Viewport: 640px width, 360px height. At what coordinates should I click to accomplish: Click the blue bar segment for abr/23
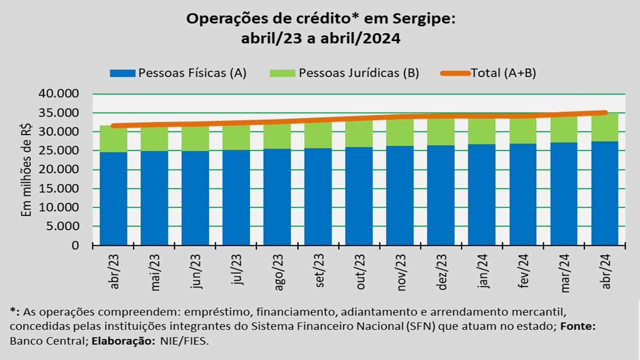(113, 198)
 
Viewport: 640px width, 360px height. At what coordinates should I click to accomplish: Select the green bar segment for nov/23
(400, 132)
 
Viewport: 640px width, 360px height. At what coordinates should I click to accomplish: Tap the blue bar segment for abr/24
(604, 193)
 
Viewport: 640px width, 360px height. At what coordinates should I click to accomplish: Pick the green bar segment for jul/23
(236, 137)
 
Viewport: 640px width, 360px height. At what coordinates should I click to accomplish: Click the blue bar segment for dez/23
(441, 195)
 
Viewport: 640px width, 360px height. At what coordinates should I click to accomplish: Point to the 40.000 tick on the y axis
(58, 94)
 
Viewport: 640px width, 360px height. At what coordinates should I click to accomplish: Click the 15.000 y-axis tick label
(58, 189)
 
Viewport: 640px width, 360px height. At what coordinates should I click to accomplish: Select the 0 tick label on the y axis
(75, 245)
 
